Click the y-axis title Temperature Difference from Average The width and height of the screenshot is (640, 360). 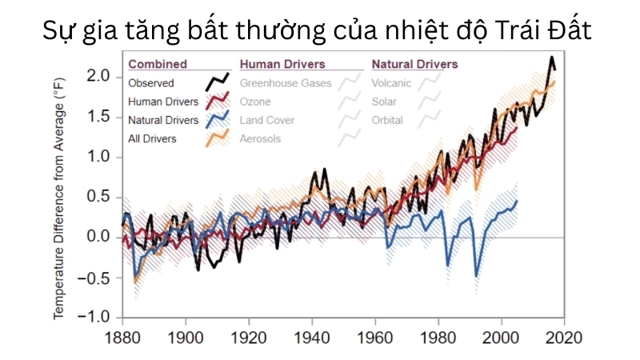(59, 192)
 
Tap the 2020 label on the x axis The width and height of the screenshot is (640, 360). (565, 336)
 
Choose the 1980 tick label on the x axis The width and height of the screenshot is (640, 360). (438, 336)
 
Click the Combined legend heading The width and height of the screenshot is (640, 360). (157, 64)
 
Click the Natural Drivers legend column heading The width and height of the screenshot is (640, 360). (414, 64)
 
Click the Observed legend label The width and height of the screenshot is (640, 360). (150, 82)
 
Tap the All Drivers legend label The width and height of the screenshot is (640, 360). (152, 138)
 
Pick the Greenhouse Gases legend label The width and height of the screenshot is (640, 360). (285, 82)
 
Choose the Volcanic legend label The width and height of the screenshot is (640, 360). (392, 82)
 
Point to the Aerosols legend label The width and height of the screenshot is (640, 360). (261, 138)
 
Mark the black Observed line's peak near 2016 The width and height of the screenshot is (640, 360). (551, 58)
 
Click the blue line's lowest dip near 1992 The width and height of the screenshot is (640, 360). (477, 276)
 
